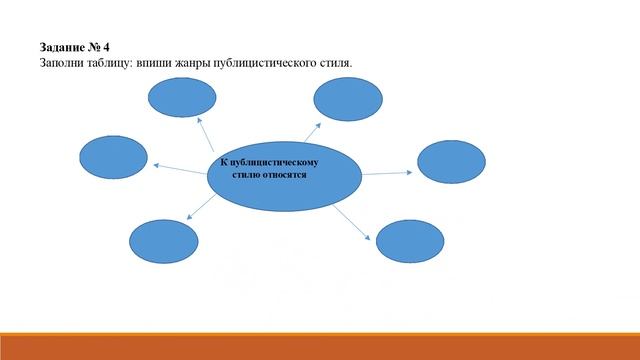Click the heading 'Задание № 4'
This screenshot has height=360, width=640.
coord(74,47)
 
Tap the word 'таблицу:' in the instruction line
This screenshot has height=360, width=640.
coord(118,62)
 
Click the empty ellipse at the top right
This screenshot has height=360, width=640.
coord(348,97)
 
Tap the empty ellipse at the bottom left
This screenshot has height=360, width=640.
coord(163,240)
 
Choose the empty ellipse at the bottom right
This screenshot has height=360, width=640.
coord(409,241)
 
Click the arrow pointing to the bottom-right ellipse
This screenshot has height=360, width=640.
coord(353,223)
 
